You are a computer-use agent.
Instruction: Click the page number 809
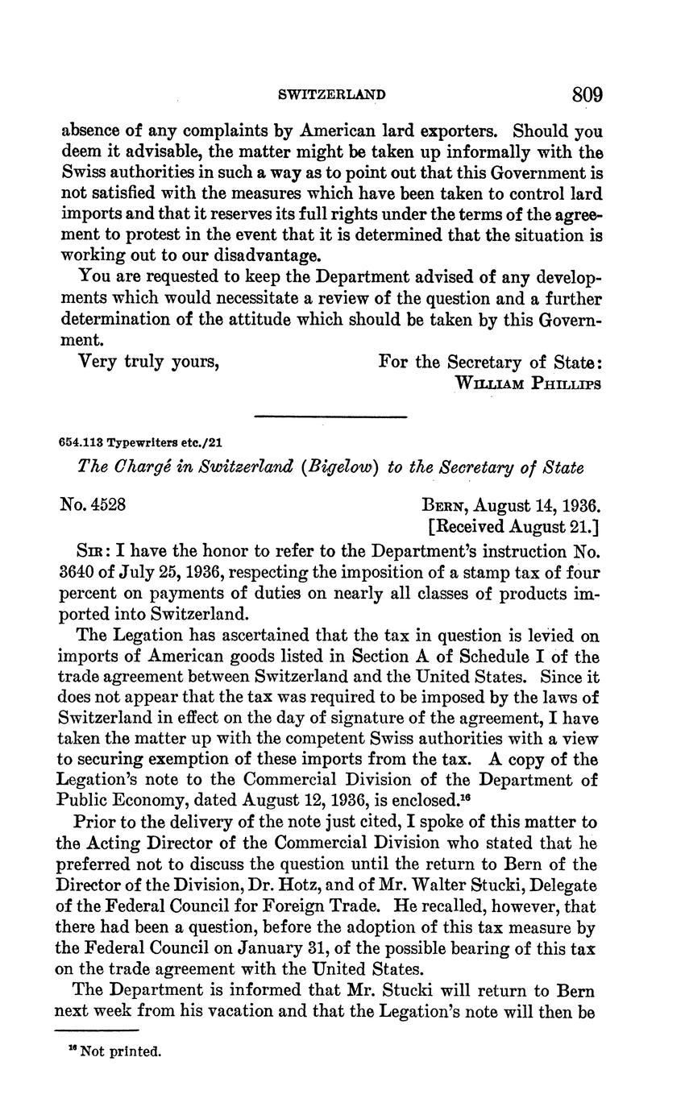(587, 94)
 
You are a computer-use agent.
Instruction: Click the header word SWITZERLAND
(331, 95)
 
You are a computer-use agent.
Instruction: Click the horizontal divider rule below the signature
(330, 417)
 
